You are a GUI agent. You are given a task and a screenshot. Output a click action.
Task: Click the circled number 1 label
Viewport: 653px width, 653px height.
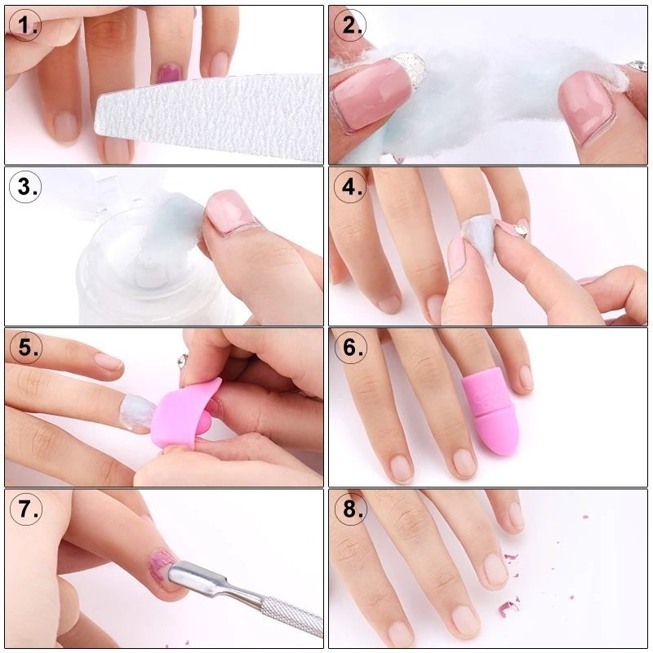pyautogui.click(x=24, y=25)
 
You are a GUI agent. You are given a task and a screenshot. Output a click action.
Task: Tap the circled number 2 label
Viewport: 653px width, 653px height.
pyautogui.click(x=350, y=25)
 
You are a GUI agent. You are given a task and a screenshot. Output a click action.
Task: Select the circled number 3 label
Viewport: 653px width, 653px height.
pyautogui.click(x=25, y=187)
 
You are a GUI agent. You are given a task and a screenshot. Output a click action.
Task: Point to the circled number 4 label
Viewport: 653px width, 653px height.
pyautogui.click(x=350, y=187)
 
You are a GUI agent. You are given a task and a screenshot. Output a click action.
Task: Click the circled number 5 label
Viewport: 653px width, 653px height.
pyautogui.click(x=25, y=348)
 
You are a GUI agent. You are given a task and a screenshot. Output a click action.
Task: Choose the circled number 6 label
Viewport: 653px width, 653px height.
pyautogui.click(x=350, y=348)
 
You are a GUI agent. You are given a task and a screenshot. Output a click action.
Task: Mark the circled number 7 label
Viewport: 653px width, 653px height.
pyautogui.click(x=25, y=509)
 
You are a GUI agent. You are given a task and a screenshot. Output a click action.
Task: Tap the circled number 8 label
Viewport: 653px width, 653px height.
pyautogui.click(x=350, y=509)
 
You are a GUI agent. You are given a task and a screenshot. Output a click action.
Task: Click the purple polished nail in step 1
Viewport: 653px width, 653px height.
pyautogui.click(x=169, y=73)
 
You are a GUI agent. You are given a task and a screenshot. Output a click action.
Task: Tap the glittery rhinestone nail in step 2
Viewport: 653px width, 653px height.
pyautogui.click(x=410, y=69)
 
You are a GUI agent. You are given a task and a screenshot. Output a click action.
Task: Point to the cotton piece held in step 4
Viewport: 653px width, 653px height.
pyautogui.click(x=478, y=238)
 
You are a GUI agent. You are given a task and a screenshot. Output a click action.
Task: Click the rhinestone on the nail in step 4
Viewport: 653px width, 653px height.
pyautogui.click(x=521, y=230)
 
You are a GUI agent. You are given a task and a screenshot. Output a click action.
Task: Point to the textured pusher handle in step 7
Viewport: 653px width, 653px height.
pyautogui.click(x=292, y=616)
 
